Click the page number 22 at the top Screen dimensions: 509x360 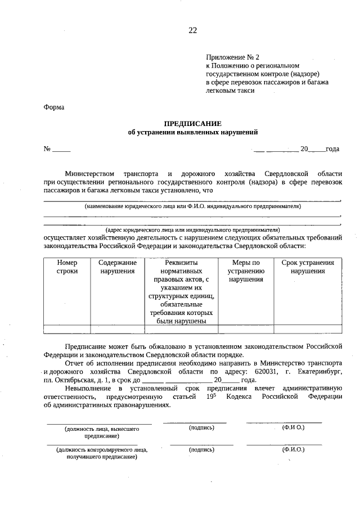pyautogui.click(x=192, y=31)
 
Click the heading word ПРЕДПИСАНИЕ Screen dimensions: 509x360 pyautogui.click(x=192, y=123)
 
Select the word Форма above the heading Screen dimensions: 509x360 pyautogui.click(x=54, y=107)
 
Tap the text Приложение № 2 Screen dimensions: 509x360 pyautogui.click(x=232, y=57)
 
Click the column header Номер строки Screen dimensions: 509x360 pyautogui.click(x=67, y=267)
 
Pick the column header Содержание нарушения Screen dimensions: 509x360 pyautogui.click(x=118, y=267)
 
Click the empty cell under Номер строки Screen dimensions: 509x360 pyautogui.click(x=67, y=330)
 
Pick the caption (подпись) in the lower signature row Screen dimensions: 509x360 pyautogui.click(x=201, y=449)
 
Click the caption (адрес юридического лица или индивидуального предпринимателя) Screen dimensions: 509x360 pyautogui.click(x=192, y=230)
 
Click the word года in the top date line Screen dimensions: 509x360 pyautogui.click(x=332, y=149)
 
